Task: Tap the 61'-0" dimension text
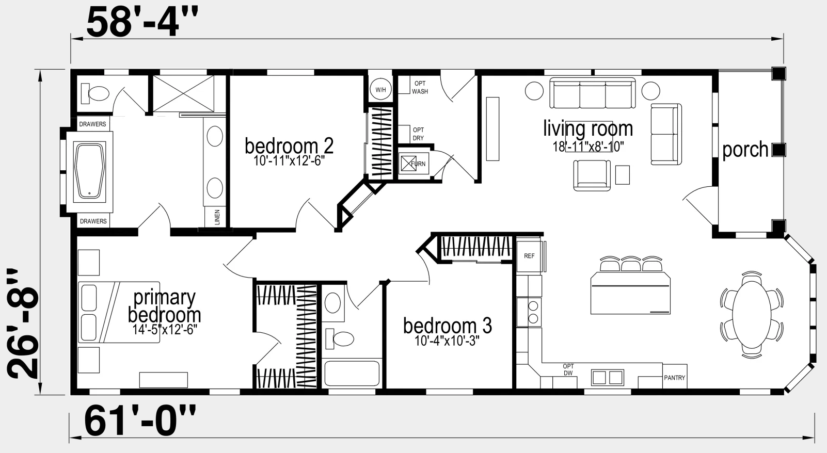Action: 140,420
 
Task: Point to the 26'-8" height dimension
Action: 22,323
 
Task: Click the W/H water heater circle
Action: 380,90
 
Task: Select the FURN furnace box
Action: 414,164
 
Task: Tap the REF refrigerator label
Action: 529,256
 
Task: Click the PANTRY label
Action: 675,378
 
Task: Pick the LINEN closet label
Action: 217,217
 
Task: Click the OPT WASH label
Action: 420,87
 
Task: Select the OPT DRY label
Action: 418,134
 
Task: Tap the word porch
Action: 745,150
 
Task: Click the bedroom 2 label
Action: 289,145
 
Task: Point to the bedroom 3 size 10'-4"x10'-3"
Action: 447,341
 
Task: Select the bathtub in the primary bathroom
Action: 89,171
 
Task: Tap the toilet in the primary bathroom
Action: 95,93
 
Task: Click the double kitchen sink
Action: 607,377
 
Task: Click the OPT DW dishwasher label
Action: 568,369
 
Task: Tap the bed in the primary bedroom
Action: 119,313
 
